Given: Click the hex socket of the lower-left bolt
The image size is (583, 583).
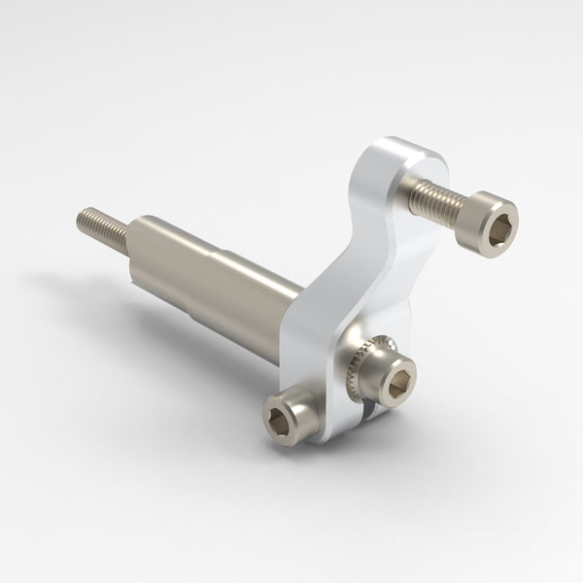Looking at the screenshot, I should click(x=279, y=421).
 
